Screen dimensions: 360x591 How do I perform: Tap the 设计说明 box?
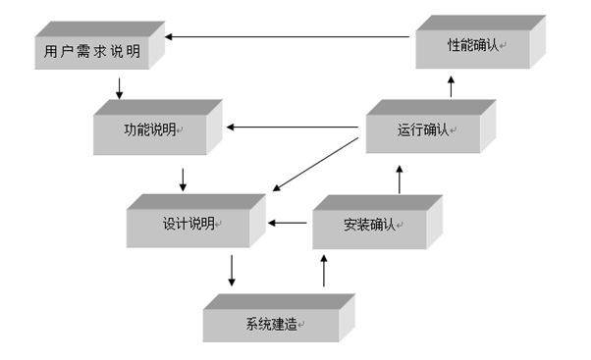(188, 224)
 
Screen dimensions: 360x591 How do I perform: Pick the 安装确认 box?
(369, 224)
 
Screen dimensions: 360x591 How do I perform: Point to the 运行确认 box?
(424, 130)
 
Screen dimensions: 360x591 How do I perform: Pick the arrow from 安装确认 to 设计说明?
(289, 224)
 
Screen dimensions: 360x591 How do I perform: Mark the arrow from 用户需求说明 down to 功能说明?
(119, 88)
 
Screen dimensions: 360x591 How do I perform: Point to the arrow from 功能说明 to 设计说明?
(183, 179)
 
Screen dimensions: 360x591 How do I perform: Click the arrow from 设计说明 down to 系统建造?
(231, 270)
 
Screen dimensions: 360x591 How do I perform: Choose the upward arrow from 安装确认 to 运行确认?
(400, 179)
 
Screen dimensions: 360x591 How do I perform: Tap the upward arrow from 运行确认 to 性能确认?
(451, 87)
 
